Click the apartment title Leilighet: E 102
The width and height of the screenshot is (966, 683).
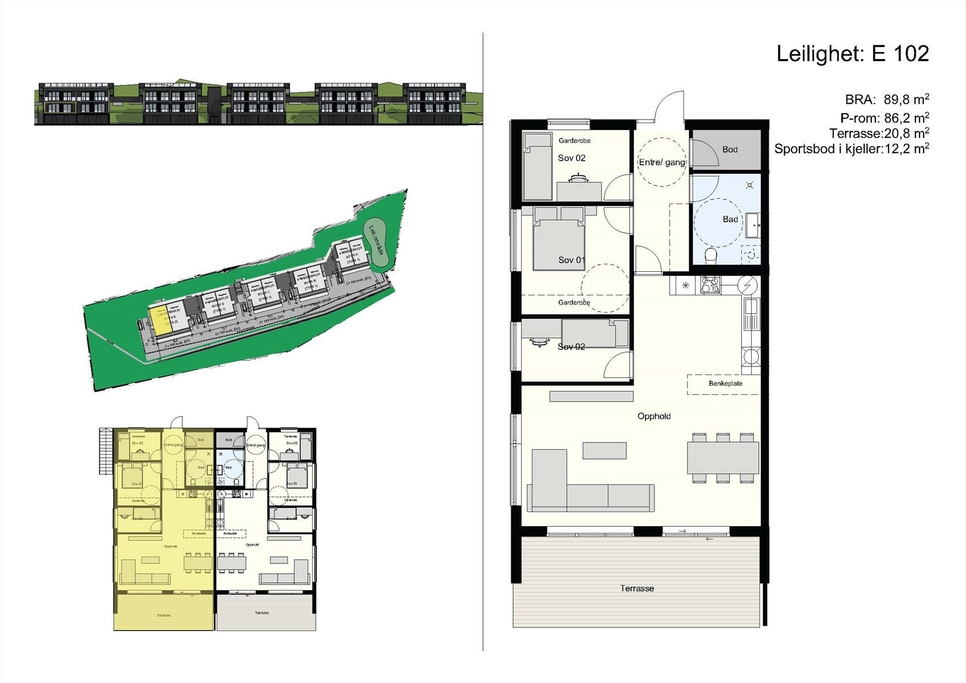pyautogui.click(x=852, y=54)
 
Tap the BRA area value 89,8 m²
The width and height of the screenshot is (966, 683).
pyautogui.click(x=906, y=100)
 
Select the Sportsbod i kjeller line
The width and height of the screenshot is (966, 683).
pyautogui.click(x=851, y=149)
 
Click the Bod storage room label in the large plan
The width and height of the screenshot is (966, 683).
pyautogui.click(x=730, y=150)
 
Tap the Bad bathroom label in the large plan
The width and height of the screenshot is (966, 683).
pyautogui.click(x=731, y=219)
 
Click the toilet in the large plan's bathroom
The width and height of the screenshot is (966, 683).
pyautogui.click(x=710, y=256)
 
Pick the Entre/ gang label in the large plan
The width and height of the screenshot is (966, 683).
pyautogui.click(x=662, y=162)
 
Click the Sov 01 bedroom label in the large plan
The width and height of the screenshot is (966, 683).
pyautogui.click(x=571, y=260)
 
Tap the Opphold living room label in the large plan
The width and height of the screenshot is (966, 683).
pyautogui.click(x=654, y=416)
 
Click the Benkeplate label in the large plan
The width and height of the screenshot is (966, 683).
pyautogui.click(x=726, y=383)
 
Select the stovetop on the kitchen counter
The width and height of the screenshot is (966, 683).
pyautogui.click(x=710, y=285)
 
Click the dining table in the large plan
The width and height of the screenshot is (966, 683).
pyautogui.click(x=723, y=458)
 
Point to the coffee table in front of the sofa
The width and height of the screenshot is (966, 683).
pyautogui.click(x=604, y=451)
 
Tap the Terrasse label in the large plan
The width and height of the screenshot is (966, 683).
pyautogui.click(x=637, y=588)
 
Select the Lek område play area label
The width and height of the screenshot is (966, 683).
pyautogui.click(x=376, y=240)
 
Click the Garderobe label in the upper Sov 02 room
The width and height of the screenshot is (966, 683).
pyautogui.click(x=574, y=141)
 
